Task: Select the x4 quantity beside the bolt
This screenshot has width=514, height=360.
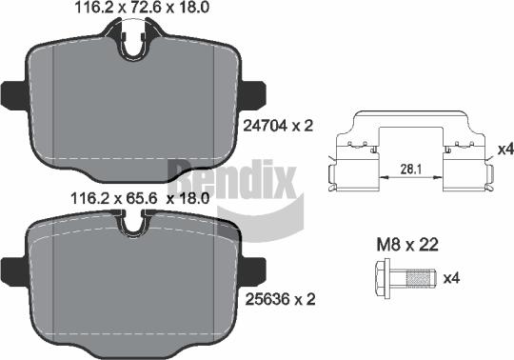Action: pyautogui.click(x=452, y=279)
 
